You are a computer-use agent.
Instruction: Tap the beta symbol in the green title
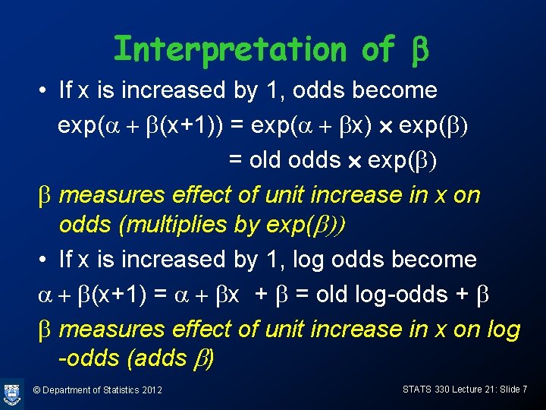tap(419, 51)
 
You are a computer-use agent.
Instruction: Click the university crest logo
tap(12, 393)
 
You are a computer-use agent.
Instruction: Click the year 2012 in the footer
tap(152, 390)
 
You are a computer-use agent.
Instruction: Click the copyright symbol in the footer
tap(37, 390)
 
